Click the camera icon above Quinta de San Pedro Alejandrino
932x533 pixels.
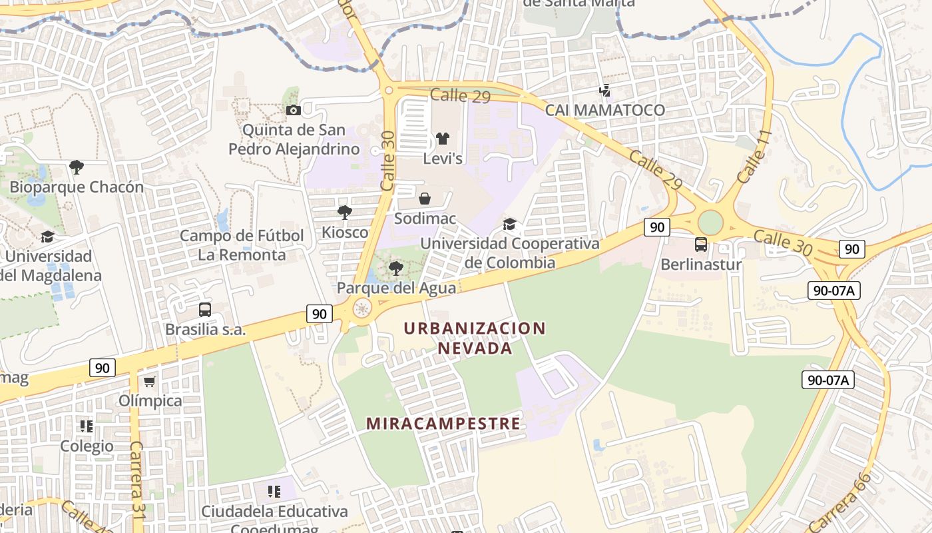coord(293,110)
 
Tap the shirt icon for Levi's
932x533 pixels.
coord(443,139)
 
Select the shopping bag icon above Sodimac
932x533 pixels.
coord(425,199)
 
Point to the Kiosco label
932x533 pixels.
coord(345,233)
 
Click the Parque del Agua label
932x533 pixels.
coord(396,288)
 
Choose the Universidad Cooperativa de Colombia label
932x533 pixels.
coord(510,253)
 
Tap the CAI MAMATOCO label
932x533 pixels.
coord(604,110)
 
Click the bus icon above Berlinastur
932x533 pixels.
coord(701,245)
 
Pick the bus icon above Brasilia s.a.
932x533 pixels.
coord(205,310)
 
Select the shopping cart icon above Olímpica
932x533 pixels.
coord(150,381)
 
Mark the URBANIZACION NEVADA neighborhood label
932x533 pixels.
coord(475,338)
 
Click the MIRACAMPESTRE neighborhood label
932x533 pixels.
coord(443,424)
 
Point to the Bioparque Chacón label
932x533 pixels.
coord(77,187)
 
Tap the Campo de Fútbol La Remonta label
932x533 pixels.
coord(242,245)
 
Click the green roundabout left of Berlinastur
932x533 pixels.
coord(710,222)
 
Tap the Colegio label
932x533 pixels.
coord(87,446)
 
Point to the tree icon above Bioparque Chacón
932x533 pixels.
coord(77,167)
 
